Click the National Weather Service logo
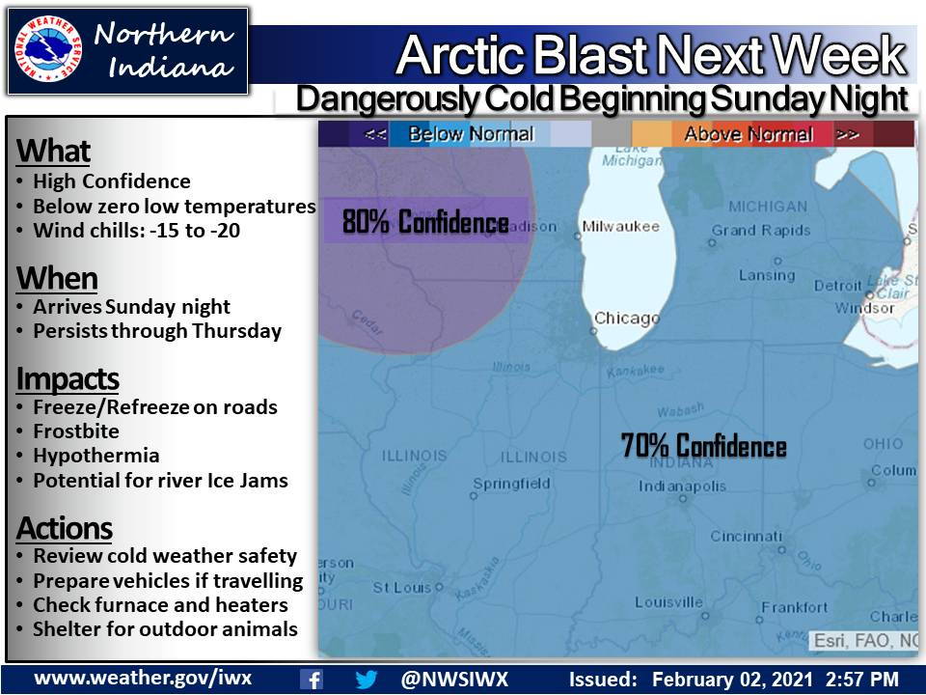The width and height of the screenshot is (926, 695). click(x=47, y=51)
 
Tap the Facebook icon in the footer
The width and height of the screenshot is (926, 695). click(x=312, y=679)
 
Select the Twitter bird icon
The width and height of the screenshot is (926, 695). click(x=367, y=679)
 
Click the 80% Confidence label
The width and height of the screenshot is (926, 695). click(x=425, y=223)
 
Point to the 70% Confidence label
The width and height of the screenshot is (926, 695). click(x=703, y=446)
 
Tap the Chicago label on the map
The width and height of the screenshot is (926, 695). click(x=626, y=318)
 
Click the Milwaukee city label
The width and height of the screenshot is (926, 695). click(x=620, y=227)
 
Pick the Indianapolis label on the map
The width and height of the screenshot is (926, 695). click(x=682, y=486)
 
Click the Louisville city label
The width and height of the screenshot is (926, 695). click(x=668, y=602)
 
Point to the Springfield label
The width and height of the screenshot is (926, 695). click(x=511, y=484)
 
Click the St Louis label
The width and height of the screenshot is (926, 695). click(x=400, y=587)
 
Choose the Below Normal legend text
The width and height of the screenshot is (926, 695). click(x=471, y=134)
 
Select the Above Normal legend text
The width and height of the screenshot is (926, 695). click(x=748, y=134)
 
